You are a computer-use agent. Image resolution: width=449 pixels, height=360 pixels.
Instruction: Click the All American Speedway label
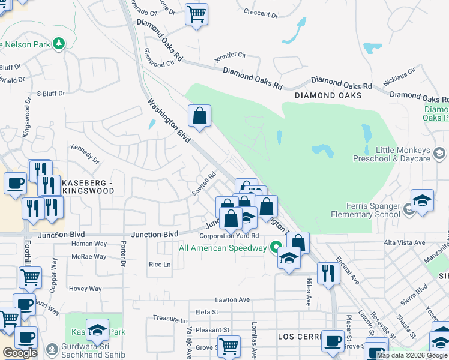223,248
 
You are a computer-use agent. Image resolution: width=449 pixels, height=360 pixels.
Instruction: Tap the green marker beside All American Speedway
276,247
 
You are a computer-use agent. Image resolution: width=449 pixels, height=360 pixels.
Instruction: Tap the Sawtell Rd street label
204,184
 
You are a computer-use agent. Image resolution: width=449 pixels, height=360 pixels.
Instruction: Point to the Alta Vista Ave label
405,242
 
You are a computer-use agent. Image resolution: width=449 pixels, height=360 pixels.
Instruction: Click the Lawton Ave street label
232,299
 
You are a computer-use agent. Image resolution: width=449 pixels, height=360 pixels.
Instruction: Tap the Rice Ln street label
160,264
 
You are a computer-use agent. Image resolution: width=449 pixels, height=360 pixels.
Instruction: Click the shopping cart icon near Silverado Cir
196,13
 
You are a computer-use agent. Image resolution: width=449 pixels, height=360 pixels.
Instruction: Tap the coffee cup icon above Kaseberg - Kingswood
15,182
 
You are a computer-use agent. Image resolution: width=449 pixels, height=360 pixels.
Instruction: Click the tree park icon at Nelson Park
58,43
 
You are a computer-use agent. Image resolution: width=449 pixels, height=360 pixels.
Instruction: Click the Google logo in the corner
20,353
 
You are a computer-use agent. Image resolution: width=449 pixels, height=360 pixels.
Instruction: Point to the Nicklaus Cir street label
403,75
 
